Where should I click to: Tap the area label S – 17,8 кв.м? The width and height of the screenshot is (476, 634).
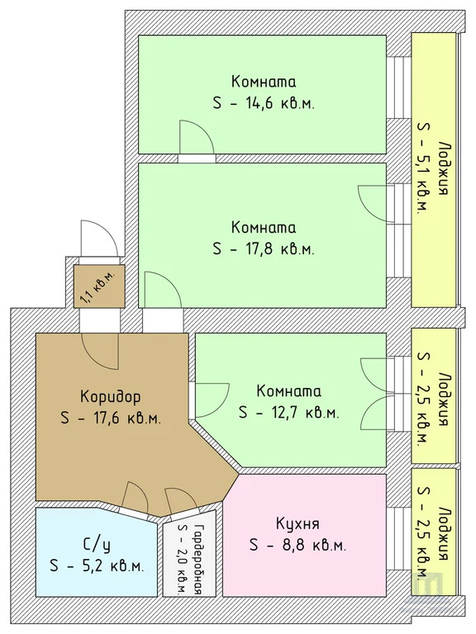pyautogui.click(x=264, y=248)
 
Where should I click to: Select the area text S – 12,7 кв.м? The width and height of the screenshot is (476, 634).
pyautogui.click(x=288, y=411)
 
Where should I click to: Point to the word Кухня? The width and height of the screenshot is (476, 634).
pyautogui.click(x=297, y=523)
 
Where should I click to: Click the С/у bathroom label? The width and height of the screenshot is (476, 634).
pyautogui.click(x=97, y=545)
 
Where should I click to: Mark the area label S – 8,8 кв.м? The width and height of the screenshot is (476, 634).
pyautogui.click(x=297, y=545)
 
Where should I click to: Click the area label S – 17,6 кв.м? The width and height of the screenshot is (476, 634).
pyautogui.click(x=110, y=418)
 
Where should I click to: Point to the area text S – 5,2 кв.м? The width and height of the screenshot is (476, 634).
pyautogui.click(x=97, y=566)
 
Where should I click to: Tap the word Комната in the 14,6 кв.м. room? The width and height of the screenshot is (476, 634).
pyautogui.click(x=264, y=83)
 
